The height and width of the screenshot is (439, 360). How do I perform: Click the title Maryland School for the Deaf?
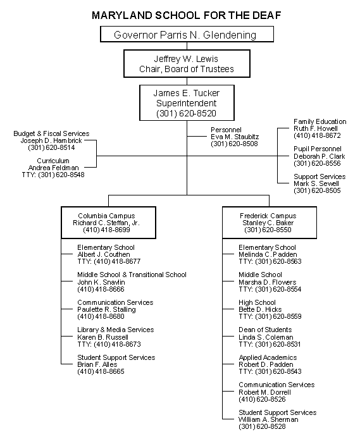[187, 15]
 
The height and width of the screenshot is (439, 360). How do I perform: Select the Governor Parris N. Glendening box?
[187, 34]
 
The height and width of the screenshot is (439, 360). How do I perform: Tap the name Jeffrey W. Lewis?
[186, 59]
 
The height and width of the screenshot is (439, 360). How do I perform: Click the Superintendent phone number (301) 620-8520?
[187, 113]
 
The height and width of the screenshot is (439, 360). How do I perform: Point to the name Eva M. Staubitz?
[235, 137]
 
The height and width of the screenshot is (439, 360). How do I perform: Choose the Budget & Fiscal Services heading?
[51, 133]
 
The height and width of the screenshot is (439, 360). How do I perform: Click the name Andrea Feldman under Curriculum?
[54, 168]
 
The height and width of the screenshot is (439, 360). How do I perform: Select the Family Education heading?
[320, 121]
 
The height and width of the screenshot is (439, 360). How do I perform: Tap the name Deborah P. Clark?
[319, 156]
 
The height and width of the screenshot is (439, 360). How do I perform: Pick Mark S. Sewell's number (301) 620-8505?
[317, 190]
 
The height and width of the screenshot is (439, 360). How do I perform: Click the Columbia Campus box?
[108, 223]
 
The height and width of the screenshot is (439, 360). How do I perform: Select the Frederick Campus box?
[270, 223]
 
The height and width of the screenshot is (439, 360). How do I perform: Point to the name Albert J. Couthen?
[104, 254]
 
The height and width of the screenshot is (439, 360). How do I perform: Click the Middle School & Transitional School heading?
[132, 275]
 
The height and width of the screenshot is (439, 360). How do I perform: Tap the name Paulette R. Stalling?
[106, 309]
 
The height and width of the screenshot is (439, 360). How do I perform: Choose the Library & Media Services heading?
[116, 330]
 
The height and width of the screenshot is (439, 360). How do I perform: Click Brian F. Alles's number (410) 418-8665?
[101, 371]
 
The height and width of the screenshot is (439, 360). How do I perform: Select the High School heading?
[257, 302]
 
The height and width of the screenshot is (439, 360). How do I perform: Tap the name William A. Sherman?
[268, 419]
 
